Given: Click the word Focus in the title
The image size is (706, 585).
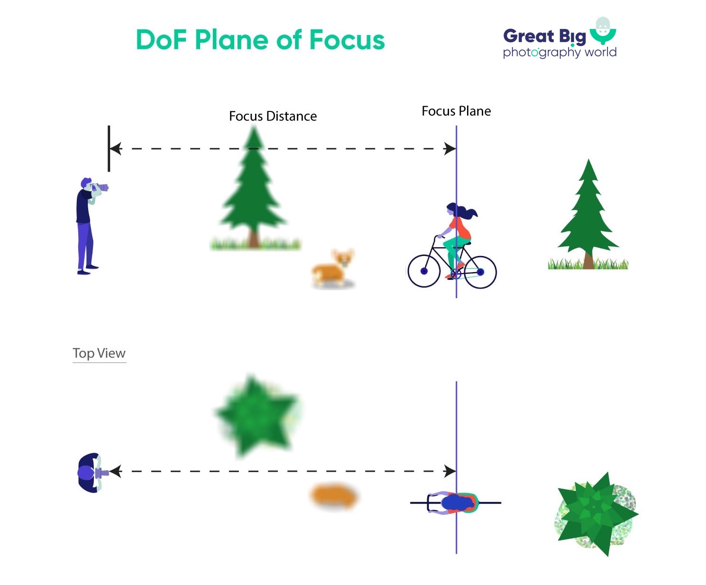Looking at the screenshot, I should pos(347,40).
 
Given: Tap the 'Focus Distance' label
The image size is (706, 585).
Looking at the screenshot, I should pos(273,116).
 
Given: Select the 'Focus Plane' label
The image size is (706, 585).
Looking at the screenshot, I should pos(456,111).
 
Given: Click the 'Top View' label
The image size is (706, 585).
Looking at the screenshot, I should pos(99,353).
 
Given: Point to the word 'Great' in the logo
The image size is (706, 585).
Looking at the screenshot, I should pos(528,36).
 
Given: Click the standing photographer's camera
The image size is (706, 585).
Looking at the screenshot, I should pos(101,187).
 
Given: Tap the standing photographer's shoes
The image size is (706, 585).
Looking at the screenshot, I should pos(88,270).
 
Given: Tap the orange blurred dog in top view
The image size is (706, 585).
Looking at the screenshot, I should pos(334,496).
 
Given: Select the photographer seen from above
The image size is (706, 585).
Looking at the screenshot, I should pos(91,473).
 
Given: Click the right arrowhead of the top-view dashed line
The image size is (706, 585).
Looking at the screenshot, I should pos(449,471).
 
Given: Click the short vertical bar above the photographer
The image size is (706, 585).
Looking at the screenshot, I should pos(109,148).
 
